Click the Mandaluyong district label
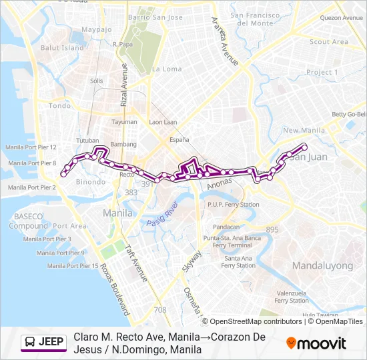click(322, 265)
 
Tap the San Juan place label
click(308, 157)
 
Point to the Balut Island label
click(62, 48)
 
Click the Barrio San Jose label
click(155, 17)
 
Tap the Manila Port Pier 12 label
click(31, 147)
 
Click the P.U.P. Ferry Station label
click(233, 205)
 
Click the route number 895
click(272, 229)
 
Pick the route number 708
click(160, 310)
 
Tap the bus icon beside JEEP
click(30, 343)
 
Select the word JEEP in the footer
click(52, 343)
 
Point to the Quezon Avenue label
click(342, 18)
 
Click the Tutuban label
click(87, 141)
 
